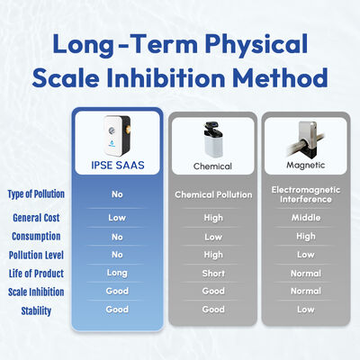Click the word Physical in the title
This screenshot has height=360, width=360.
pos(256,44)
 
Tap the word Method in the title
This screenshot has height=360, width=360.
pos(280,77)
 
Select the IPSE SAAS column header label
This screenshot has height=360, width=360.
pos(118,165)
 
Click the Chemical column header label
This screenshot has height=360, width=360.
pos(212,166)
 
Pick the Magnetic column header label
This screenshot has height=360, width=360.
pos(305,166)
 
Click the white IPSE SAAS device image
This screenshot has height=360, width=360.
pos(117,136)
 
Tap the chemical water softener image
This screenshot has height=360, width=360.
pos(212,139)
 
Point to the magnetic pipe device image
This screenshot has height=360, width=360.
pos(305,139)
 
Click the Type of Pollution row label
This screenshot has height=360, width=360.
pos(36,194)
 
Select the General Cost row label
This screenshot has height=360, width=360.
pos(36,218)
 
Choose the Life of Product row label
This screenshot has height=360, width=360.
pos(36,274)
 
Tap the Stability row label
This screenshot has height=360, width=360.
pos(36,310)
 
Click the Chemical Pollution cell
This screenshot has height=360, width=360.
pos(213,194)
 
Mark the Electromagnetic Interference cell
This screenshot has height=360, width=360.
pos(306,194)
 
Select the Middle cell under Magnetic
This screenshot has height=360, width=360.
pos(306,218)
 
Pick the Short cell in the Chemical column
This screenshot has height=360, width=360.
pos(213,274)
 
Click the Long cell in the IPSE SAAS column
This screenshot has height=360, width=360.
pos(117,273)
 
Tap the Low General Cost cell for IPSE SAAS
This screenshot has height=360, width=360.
pos(117,218)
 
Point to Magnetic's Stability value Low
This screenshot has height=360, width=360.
pos(306,310)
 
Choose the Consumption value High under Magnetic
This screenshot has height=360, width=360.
pos(306,237)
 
